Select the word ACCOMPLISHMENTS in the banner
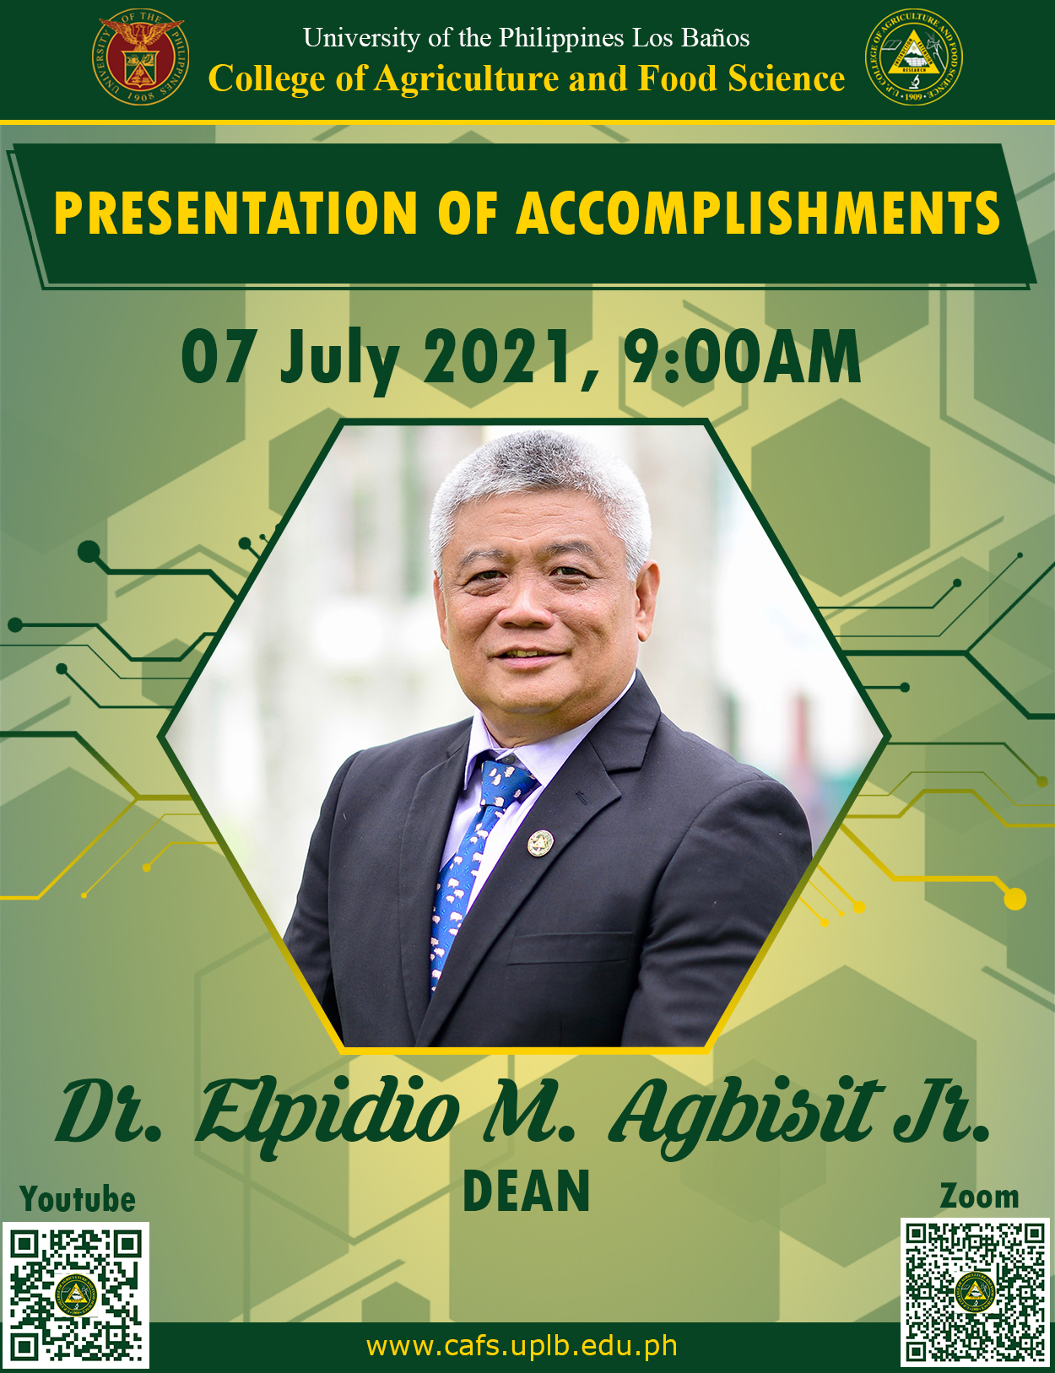click(x=758, y=213)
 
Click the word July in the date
click(x=339, y=360)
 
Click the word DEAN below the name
click(x=527, y=1191)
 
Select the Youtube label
click(x=78, y=1198)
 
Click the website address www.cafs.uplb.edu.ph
click(x=522, y=1346)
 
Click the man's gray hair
click(x=540, y=480)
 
